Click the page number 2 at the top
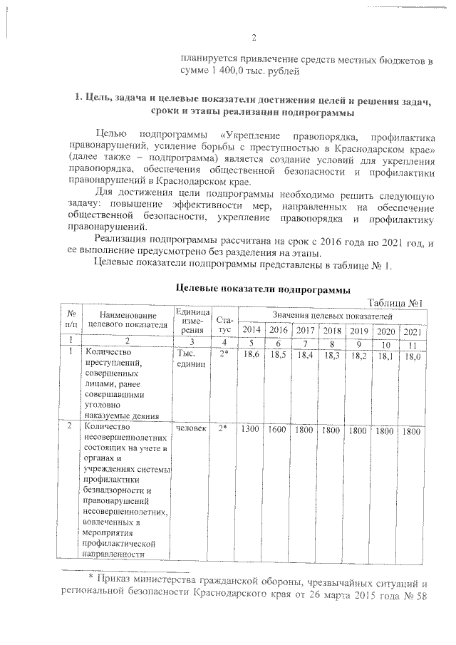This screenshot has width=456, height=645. tap(253, 38)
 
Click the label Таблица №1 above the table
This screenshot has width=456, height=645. tap(395, 303)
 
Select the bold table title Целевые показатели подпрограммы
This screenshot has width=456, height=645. tap(263, 290)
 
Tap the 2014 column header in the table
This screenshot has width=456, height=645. tap(252, 330)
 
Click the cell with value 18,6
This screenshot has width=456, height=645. tap(252, 354)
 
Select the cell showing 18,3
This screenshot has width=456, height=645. tap(332, 354)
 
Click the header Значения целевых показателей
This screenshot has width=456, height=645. tap(331, 315)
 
